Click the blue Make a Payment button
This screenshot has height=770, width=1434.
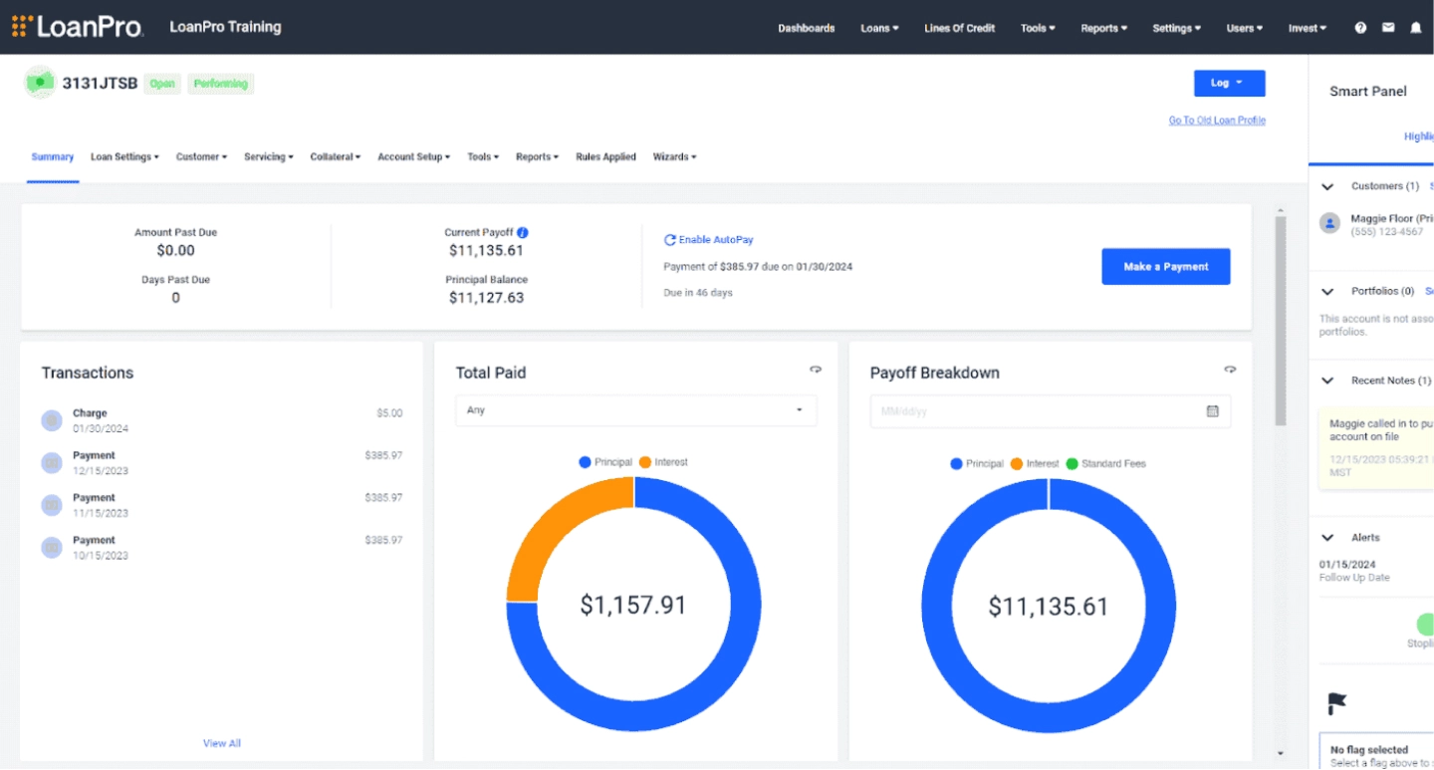[1165, 267]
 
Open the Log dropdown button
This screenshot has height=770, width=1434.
[1229, 84]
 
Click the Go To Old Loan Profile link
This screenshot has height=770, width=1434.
[1217, 121]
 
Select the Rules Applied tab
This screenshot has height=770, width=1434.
[605, 157]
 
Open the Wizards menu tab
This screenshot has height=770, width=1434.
[674, 157]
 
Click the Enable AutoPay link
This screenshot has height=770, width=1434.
[709, 240]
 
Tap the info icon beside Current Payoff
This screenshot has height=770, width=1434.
[523, 232]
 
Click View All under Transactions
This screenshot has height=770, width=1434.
[222, 743]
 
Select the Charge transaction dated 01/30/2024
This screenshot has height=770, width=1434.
[90, 420]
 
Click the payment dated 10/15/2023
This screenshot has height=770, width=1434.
[94, 547]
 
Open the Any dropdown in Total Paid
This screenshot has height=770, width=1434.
[635, 410]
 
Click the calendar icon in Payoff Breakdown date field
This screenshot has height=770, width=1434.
[1212, 410]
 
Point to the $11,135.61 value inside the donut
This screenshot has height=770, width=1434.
[1048, 607]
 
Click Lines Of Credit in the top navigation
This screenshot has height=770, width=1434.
[959, 28]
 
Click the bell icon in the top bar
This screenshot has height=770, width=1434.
[1415, 28]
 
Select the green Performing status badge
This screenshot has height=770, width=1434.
[221, 84]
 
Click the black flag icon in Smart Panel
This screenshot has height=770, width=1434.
[1337, 704]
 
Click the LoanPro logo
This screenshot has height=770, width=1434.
[78, 27]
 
